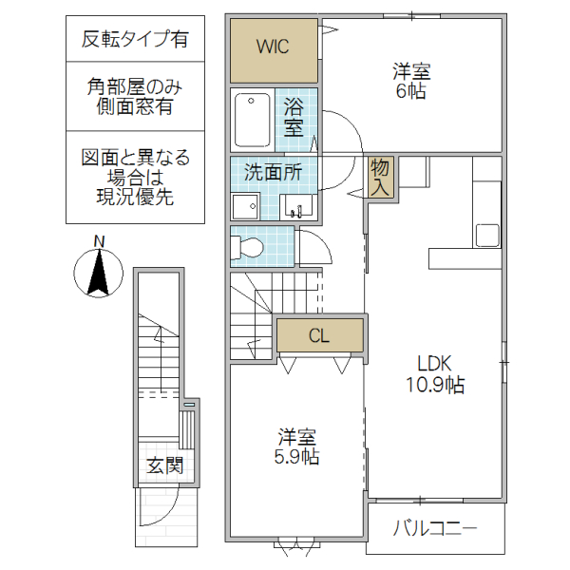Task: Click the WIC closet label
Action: (x=272, y=46)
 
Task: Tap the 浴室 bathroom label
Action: (x=294, y=118)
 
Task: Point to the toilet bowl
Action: (x=249, y=248)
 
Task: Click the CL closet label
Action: (x=319, y=335)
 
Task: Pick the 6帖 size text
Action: (x=410, y=92)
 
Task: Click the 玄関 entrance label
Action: (x=164, y=465)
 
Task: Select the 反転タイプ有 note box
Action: (x=135, y=39)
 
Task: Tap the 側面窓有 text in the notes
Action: (x=135, y=107)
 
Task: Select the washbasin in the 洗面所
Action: (x=297, y=206)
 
